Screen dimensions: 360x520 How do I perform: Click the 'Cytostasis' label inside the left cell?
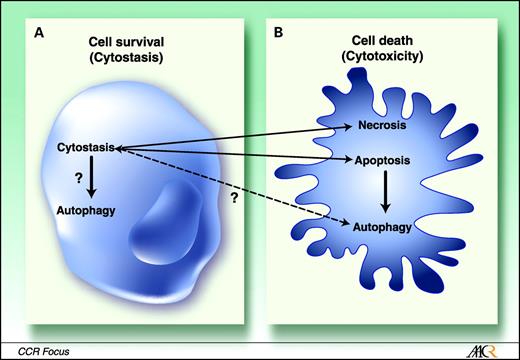click(83, 148)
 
